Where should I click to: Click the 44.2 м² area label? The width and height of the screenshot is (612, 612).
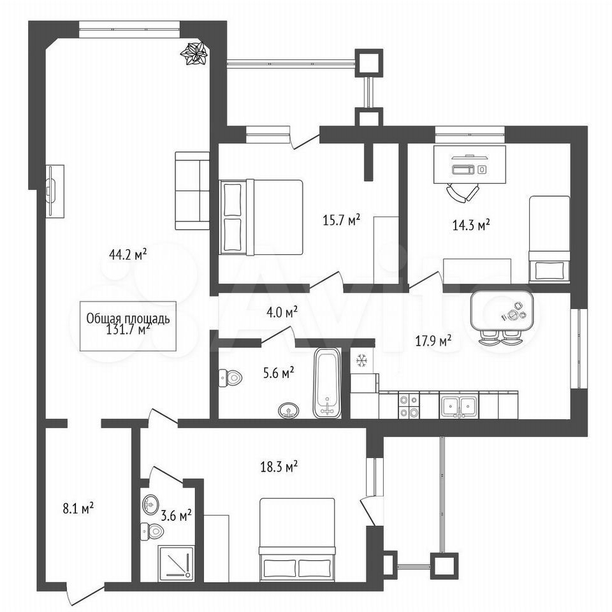(x=128, y=255)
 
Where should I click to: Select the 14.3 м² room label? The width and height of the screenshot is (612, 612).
(x=471, y=225)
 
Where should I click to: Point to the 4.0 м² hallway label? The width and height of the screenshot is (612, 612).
(x=282, y=312)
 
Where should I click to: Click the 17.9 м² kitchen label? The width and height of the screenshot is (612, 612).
(x=433, y=341)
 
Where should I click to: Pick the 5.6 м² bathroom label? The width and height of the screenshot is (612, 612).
(x=279, y=374)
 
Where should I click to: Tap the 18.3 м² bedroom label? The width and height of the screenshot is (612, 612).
(x=279, y=467)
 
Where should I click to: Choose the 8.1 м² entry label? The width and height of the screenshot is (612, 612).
(x=78, y=509)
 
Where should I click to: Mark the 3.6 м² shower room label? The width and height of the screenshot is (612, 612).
(x=176, y=516)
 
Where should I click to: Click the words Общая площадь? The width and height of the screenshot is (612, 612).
(x=128, y=319)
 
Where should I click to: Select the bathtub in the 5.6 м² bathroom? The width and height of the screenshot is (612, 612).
(x=327, y=383)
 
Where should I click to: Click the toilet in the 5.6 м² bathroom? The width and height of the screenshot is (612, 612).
(x=231, y=377)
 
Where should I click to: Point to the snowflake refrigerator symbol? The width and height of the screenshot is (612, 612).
(x=361, y=361)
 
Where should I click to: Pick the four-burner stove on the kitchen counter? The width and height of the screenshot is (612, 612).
(x=408, y=406)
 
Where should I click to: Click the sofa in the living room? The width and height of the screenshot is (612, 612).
(x=192, y=191)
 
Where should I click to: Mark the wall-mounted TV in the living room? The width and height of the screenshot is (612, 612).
(x=51, y=191)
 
